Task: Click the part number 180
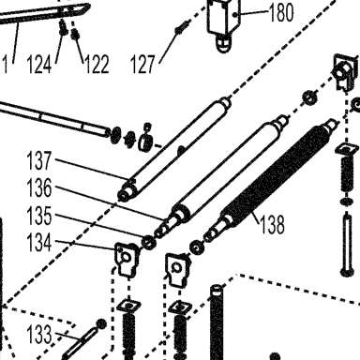coord(281,13)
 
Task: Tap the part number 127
coord(142,64)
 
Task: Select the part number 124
coord(39,65)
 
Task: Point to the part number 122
coord(97,65)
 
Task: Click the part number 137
coord(39,160)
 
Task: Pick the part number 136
coord(39,187)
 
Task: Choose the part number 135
coord(39,216)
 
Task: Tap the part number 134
coord(39,243)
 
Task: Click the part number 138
coord(272,224)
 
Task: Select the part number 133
coord(39,334)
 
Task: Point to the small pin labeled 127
coord(181,27)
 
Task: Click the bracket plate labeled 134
coord(127,259)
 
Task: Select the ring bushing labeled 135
coord(149,242)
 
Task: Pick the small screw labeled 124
coord(64,27)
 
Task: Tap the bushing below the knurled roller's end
coord(196,247)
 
